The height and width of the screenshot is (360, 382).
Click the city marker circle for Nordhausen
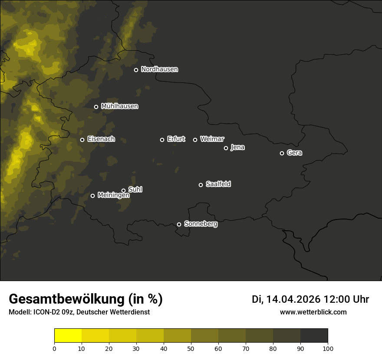coord(136,70)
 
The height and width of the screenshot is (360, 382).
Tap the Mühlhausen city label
coord(119,106)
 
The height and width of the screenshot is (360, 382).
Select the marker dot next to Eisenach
coord(82,140)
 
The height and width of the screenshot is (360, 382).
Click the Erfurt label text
coord(176,139)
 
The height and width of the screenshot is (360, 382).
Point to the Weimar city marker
coord(195,140)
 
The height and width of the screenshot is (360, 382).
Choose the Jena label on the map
coord(237,147)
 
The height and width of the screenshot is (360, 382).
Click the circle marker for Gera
coord(282,153)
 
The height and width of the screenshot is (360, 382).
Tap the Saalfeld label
coord(218,184)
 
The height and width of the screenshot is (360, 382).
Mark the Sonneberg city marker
coord(179,224)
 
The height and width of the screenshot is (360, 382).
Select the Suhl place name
coord(135,190)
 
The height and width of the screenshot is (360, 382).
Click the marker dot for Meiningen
coord(92,196)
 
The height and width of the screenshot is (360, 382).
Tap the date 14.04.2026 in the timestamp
coord(293,299)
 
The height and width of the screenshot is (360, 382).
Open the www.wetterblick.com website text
coord(313,312)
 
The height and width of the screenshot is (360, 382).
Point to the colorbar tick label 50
coord(191,348)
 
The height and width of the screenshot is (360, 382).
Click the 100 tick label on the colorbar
coord(328,348)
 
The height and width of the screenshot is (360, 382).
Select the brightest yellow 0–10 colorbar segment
coord(68,336)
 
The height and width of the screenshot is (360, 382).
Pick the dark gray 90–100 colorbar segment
coord(314,336)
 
